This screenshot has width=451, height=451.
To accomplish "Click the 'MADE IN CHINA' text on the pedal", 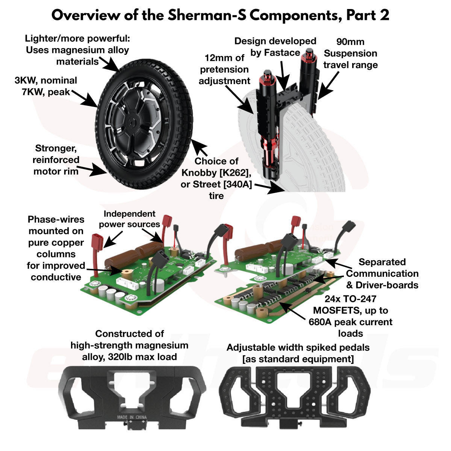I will [132, 417].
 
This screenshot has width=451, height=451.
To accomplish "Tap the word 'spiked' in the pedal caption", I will [322, 348].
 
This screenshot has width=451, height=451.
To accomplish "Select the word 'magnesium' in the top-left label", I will [79, 50].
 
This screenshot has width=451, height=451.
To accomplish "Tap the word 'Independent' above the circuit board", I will [124, 214].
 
